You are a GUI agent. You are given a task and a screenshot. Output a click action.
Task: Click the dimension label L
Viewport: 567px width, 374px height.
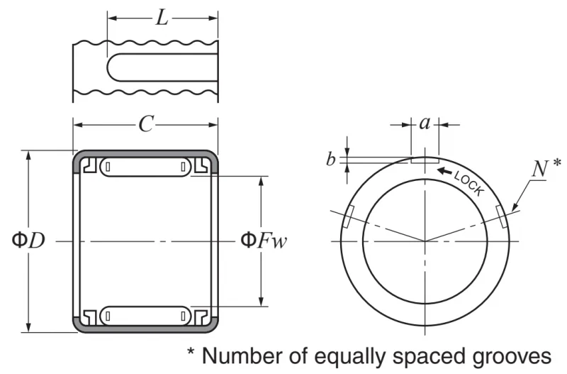click(162, 18)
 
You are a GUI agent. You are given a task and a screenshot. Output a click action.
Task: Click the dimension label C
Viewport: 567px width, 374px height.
click(146, 124)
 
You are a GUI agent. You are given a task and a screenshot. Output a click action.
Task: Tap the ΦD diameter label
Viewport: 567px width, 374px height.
click(28, 240)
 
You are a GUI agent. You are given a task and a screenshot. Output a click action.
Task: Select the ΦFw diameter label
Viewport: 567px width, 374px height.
click(264, 240)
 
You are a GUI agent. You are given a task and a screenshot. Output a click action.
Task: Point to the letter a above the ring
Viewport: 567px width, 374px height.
click(425, 123)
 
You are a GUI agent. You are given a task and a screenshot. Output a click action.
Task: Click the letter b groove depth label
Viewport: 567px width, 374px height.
click(330, 159)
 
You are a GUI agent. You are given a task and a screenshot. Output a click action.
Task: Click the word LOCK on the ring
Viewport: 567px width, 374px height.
click(469, 183)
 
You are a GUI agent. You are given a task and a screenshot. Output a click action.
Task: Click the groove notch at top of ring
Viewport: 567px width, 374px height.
click(425, 160)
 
